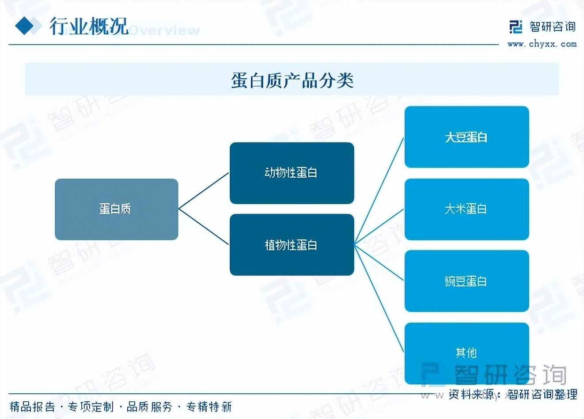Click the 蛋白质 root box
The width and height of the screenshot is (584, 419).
pyautogui.click(x=117, y=209)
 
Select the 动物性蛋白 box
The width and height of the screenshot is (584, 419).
pyautogui.click(x=292, y=173)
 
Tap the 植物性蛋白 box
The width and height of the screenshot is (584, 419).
pyautogui.click(x=292, y=245)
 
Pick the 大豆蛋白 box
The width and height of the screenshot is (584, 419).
pyautogui.click(x=466, y=137)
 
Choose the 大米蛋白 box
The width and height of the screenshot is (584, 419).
pyautogui.click(x=466, y=209)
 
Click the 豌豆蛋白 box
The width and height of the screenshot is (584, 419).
pyautogui.click(x=466, y=281)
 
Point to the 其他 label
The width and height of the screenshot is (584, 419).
pyautogui.click(x=466, y=353)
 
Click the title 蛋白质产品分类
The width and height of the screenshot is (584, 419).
pyautogui.click(x=292, y=80)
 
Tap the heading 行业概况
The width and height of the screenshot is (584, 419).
pyautogui.click(x=89, y=26)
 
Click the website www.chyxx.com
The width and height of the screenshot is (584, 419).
pyautogui.click(x=542, y=44)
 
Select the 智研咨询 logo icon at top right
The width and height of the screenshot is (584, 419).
pyautogui.click(x=516, y=27)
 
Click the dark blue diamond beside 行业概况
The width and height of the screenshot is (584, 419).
pyautogui.click(x=24, y=26)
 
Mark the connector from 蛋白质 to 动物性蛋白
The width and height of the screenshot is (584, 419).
pyautogui.click(x=204, y=190)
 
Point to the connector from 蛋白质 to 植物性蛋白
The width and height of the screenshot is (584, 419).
pyautogui.click(x=204, y=227)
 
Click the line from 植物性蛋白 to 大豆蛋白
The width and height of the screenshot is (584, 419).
pyautogui.click(x=379, y=191)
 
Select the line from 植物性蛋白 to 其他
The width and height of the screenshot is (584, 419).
pyautogui.click(x=379, y=298)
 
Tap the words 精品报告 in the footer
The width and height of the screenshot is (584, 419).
pyautogui.click(x=32, y=407)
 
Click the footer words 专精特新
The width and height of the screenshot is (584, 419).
pyautogui.click(x=209, y=407)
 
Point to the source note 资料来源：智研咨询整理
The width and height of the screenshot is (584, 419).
pyautogui.click(x=512, y=394)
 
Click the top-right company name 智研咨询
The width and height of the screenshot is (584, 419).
pyautogui.click(x=553, y=27)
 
